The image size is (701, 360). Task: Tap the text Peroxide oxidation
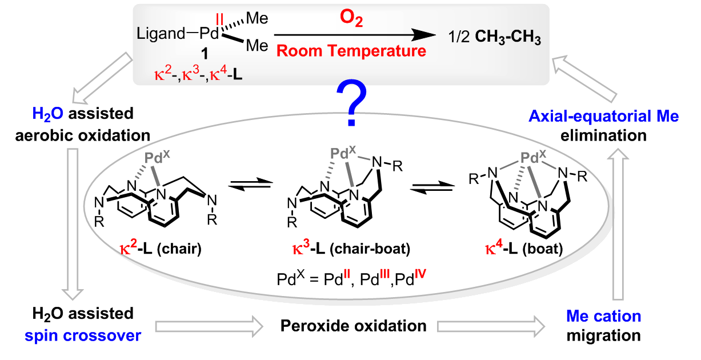354,326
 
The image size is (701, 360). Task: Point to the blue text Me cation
604,316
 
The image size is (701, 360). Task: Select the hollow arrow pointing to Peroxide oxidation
208,326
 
